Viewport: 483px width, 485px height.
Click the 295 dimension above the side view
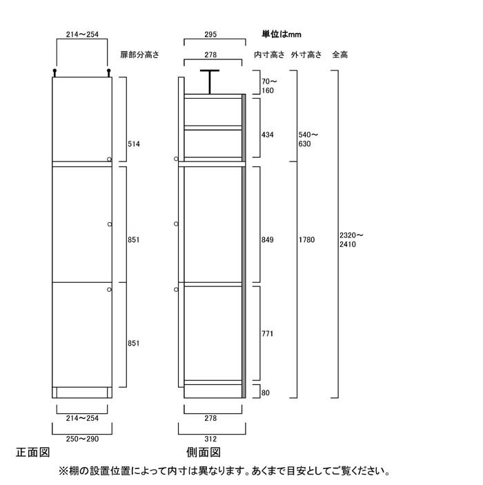tap(210, 34)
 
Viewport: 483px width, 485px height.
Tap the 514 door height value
tap(134, 143)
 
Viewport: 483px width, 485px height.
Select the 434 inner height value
tap(267, 135)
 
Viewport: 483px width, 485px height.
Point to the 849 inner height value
tap(267, 239)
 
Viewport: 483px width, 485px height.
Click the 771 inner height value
tap(267, 333)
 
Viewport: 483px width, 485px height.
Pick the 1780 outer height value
tap(306, 239)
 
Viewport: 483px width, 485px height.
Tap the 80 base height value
tap(266, 393)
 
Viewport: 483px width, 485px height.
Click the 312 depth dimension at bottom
tap(210, 439)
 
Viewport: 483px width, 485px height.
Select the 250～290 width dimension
tap(82, 439)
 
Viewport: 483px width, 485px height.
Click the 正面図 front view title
tap(33, 453)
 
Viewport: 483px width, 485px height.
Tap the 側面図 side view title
tap(204, 453)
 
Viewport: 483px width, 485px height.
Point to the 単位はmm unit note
tap(282, 34)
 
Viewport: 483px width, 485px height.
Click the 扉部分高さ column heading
tap(139, 55)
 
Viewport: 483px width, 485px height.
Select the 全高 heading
tap(339, 55)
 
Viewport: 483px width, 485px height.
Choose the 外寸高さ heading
tap(306, 55)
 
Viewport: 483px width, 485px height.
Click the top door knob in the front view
tap(109, 159)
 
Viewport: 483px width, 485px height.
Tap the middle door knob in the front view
tap(110, 224)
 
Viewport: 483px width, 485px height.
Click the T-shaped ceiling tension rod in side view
tap(210, 81)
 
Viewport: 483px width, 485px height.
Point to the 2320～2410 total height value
tap(351, 239)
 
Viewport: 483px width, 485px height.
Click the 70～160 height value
tap(269, 86)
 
